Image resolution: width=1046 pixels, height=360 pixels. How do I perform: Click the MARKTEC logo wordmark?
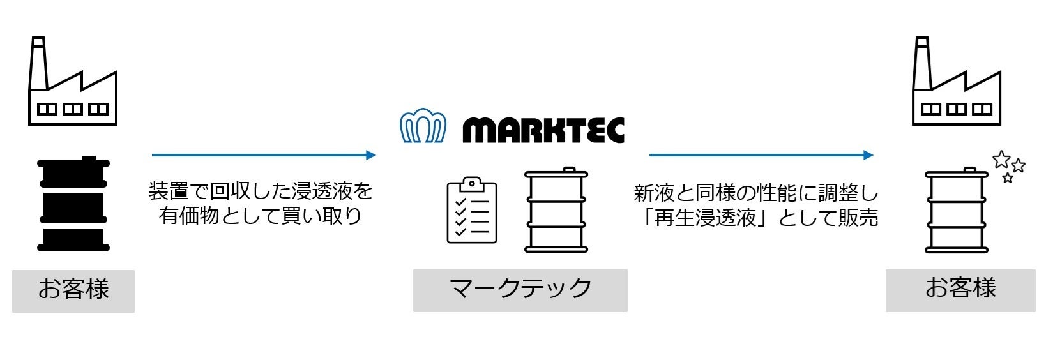pyautogui.click(x=543, y=130)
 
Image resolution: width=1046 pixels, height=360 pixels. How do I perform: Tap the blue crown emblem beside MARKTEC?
pyautogui.click(x=422, y=127)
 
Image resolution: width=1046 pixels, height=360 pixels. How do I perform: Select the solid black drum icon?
pyautogui.click(x=73, y=204)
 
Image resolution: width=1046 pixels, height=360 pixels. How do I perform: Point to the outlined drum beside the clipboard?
pyautogui.click(x=556, y=210)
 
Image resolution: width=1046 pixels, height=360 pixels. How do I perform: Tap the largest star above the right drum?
pyautogui.click(x=1001, y=159)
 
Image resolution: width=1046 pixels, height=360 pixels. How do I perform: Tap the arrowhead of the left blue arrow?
pyautogui.click(x=370, y=155)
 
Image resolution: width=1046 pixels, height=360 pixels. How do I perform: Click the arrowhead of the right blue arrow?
pyautogui.click(x=868, y=155)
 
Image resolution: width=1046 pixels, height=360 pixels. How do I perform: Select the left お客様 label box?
pyautogui.click(x=73, y=291)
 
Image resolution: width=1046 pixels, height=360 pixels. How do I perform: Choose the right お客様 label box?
pyautogui.click(x=960, y=290)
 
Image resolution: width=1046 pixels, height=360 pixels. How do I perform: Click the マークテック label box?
pyautogui.click(x=520, y=290)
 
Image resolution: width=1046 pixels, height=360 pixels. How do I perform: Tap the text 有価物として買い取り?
pyautogui.click(x=261, y=216)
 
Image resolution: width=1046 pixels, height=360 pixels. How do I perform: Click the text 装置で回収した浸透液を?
pyautogui.click(x=261, y=190)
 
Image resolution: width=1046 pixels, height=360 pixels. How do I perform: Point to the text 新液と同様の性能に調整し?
pyautogui.click(x=756, y=193)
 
